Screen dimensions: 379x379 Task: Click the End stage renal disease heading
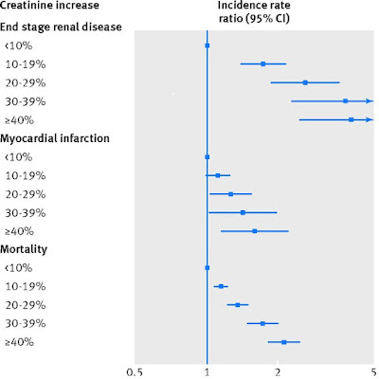[x=61, y=27]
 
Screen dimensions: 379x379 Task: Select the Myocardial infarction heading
[x=55, y=138]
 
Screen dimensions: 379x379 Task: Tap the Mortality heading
[x=24, y=249]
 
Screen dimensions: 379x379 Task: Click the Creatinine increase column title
[x=49, y=5]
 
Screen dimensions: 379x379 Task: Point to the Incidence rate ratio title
[x=254, y=12]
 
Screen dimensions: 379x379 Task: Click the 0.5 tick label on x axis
[x=135, y=373]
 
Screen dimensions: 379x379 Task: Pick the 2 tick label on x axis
[x=278, y=373]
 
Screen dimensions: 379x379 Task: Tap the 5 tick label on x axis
[x=374, y=373]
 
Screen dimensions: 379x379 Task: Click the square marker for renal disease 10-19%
[x=263, y=64]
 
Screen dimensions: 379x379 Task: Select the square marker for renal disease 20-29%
[x=305, y=82]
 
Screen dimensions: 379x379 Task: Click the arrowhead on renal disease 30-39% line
[x=370, y=101]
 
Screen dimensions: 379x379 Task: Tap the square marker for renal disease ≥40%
[x=352, y=119]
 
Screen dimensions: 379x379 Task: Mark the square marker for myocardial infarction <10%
[x=208, y=157]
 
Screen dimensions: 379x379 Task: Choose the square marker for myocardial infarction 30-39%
[x=243, y=212]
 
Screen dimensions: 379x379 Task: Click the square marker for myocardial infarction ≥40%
[x=255, y=231]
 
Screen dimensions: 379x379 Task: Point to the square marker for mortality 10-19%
[x=221, y=286]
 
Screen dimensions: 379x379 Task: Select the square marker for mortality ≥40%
[x=284, y=342]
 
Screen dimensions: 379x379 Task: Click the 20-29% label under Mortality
[x=26, y=305]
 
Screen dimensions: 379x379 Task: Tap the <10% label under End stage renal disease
[x=19, y=45]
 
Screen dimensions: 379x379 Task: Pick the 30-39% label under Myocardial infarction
[x=26, y=213]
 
